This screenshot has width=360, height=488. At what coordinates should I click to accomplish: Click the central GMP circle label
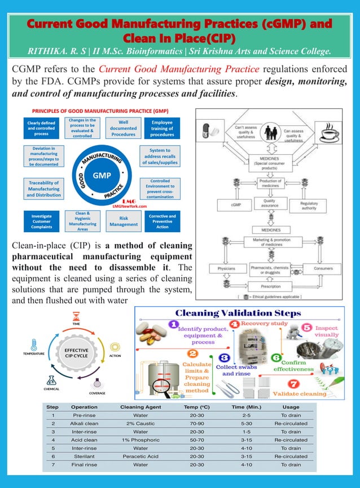(102, 176)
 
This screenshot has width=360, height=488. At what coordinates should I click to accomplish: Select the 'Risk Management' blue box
(124, 221)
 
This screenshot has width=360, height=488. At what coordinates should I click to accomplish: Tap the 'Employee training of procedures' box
(162, 128)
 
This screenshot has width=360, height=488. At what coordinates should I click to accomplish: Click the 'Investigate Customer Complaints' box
(42, 221)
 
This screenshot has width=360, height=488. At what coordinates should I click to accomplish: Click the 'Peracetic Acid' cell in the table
(141, 456)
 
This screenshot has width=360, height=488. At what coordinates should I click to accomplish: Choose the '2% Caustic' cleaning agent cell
(141, 423)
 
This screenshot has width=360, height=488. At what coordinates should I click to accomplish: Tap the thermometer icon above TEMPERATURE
(33, 345)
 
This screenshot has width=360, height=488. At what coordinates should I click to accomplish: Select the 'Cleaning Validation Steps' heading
(238, 313)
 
